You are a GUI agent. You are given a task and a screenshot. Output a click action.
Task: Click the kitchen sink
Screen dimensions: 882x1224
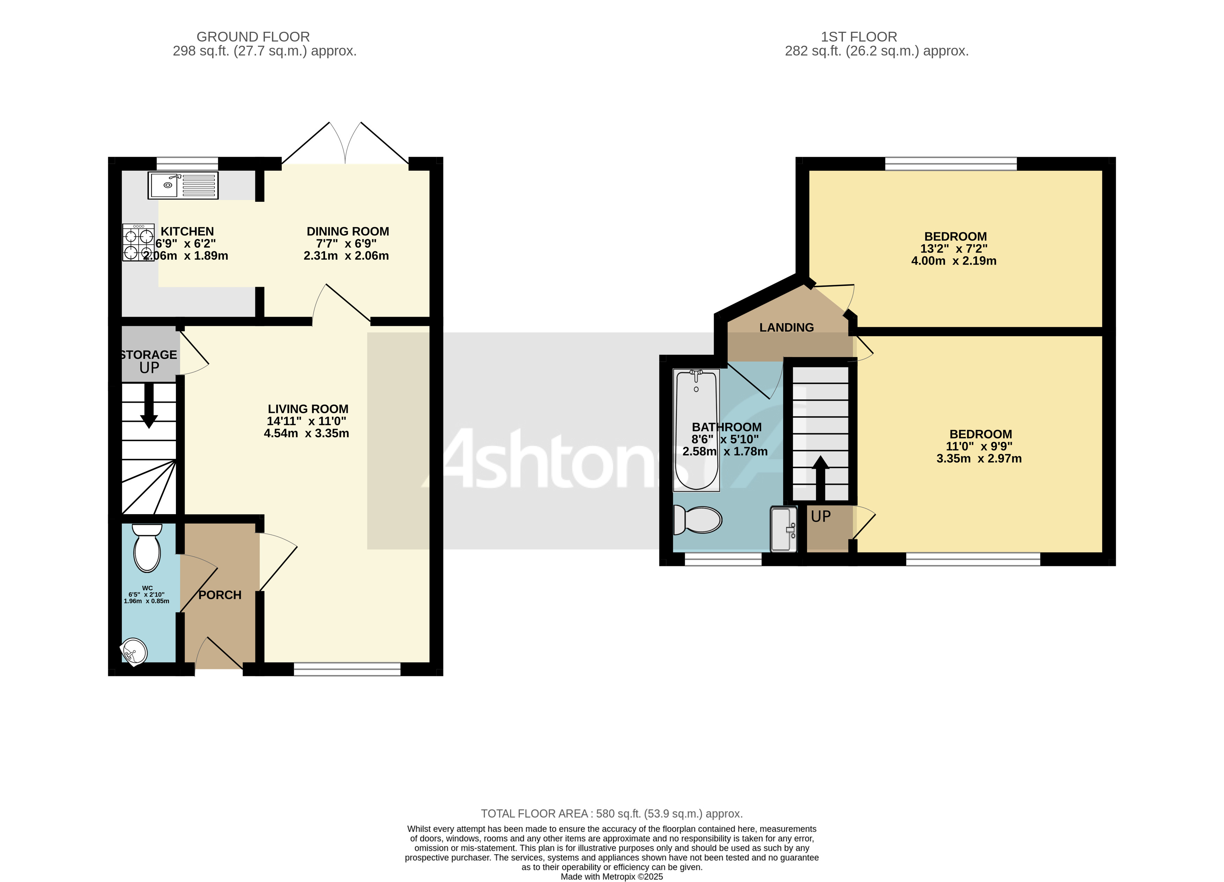click(x=183, y=185)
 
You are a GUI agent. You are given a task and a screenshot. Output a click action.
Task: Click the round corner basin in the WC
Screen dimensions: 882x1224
click(x=134, y=652)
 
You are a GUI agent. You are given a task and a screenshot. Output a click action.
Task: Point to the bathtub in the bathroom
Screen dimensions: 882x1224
click(x=696, y=430)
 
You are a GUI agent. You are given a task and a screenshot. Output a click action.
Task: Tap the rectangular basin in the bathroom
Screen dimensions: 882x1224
click(x=783, y=529)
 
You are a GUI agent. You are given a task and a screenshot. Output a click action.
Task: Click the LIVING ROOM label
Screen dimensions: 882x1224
click(x=307, y=409)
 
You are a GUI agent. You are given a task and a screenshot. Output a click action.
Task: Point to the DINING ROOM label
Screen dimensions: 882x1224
click(x=348, y=231)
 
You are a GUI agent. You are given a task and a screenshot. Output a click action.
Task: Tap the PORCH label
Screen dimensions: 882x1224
click(x=220, y=595)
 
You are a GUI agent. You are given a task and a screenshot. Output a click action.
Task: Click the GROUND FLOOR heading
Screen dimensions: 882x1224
click(x=253, y=37)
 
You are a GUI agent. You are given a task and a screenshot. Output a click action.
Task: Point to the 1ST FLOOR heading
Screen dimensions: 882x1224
click(x=859, y=37)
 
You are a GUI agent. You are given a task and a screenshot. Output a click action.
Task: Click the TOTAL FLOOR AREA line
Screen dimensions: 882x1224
click(x=611, y=814)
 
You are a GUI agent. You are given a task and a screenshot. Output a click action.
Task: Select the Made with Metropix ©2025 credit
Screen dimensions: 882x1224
click(x=611, y=877)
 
